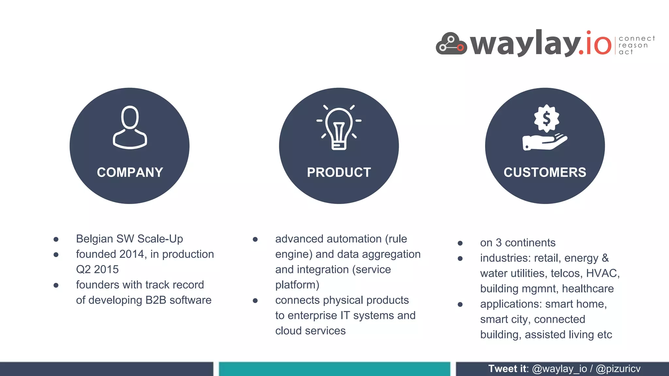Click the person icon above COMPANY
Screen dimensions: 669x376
[x=130, y=127]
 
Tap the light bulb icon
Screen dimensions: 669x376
[x=339, y=128]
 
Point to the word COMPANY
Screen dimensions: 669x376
[x=130, y=172]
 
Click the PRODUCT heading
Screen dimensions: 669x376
[x=339, y=172]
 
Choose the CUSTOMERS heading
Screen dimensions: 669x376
[x=545, y=172]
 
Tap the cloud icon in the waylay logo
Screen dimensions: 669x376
[x=451, y=44]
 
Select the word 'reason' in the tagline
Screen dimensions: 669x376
[x=633, y=45]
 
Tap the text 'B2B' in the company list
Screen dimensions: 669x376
[x=155, y=300]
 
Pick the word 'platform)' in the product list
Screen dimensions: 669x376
[x=297, y=285]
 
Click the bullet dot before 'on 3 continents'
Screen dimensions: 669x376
[x=460, y=243]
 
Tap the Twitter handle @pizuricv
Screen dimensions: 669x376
[x=618, y=369]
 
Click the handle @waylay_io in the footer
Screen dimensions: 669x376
[x=559, y=369]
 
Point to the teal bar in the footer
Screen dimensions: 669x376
[x=334, y=369]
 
